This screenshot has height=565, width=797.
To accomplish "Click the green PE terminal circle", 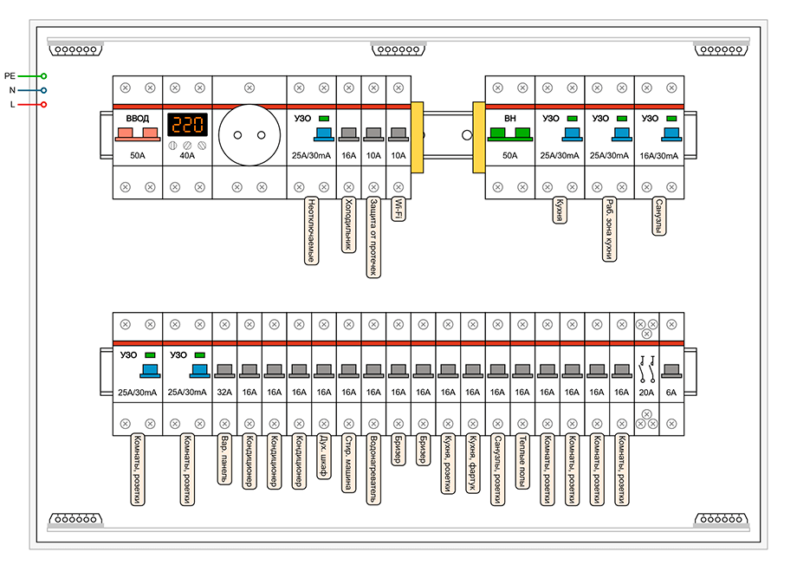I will (x=43, y=76).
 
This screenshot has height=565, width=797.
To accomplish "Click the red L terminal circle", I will (x=43, y=105).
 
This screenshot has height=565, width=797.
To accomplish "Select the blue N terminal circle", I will (x=43, y=90).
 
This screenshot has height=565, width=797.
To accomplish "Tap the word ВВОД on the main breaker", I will (x=138, y=118).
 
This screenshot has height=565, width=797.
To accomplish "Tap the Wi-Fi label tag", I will (x=398, y=209).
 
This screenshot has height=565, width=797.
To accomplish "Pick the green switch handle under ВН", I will (x=509, y=133).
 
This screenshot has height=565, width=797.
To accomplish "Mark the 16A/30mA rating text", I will (x=659, y=156).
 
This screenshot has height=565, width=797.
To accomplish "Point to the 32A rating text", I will (x=224, y=392).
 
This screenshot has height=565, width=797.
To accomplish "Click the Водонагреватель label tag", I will (x=373, y=468).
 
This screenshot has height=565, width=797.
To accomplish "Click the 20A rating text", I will (x=647, y=392).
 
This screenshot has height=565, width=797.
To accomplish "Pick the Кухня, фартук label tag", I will (x=473, y=464).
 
